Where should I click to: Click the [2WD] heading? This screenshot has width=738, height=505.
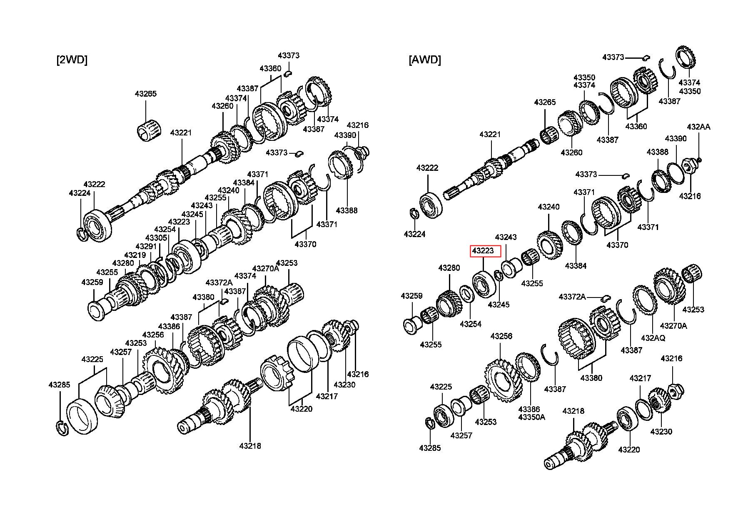[72, 60]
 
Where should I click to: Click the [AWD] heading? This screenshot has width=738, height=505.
[424, 60]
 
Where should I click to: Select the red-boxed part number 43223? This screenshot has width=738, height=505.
[483, 251]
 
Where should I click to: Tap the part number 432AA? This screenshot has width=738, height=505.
[698, 127]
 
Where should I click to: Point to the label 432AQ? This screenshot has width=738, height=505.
[653, 338]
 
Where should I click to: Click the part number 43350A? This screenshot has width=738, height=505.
[531, 417]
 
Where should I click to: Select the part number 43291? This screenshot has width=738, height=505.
[146, 247]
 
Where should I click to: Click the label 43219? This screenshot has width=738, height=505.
[135, 255]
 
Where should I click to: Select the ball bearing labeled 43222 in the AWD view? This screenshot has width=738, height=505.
[430, 205]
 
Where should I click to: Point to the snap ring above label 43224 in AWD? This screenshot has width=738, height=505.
[414, 213]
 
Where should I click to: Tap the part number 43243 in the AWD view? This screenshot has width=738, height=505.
[506, 237]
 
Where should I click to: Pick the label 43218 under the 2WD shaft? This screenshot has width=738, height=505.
[250, 446]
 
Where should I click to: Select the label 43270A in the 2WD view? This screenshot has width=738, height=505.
[265, 268]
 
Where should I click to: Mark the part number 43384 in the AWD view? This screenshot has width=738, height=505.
[576, 265]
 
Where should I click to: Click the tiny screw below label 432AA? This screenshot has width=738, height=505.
[700, 159]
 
